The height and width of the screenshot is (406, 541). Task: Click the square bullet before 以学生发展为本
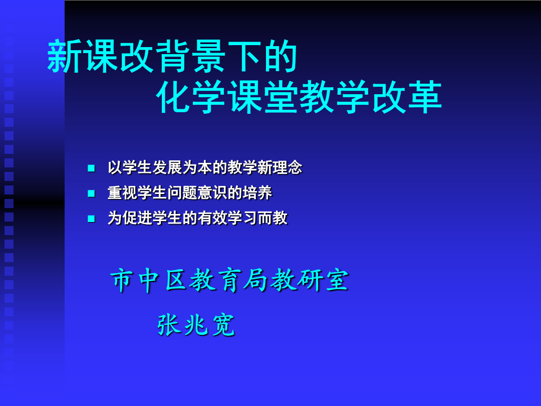92,168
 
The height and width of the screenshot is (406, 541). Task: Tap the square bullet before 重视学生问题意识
92,193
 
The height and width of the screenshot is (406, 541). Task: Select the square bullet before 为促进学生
92,219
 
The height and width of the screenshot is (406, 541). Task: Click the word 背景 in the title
191,56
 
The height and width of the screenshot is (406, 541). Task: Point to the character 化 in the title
174,97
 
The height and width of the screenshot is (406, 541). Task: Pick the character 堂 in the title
281,97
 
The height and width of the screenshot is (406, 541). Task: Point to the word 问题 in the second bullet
182,193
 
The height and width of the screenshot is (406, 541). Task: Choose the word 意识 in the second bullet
212,193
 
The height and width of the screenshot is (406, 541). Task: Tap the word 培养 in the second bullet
257,193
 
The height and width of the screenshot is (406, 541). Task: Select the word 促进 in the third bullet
137,218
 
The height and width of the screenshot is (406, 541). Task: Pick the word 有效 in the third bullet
212,218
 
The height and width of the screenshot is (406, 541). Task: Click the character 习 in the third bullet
250,218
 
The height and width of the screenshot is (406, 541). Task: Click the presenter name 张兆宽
196,325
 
